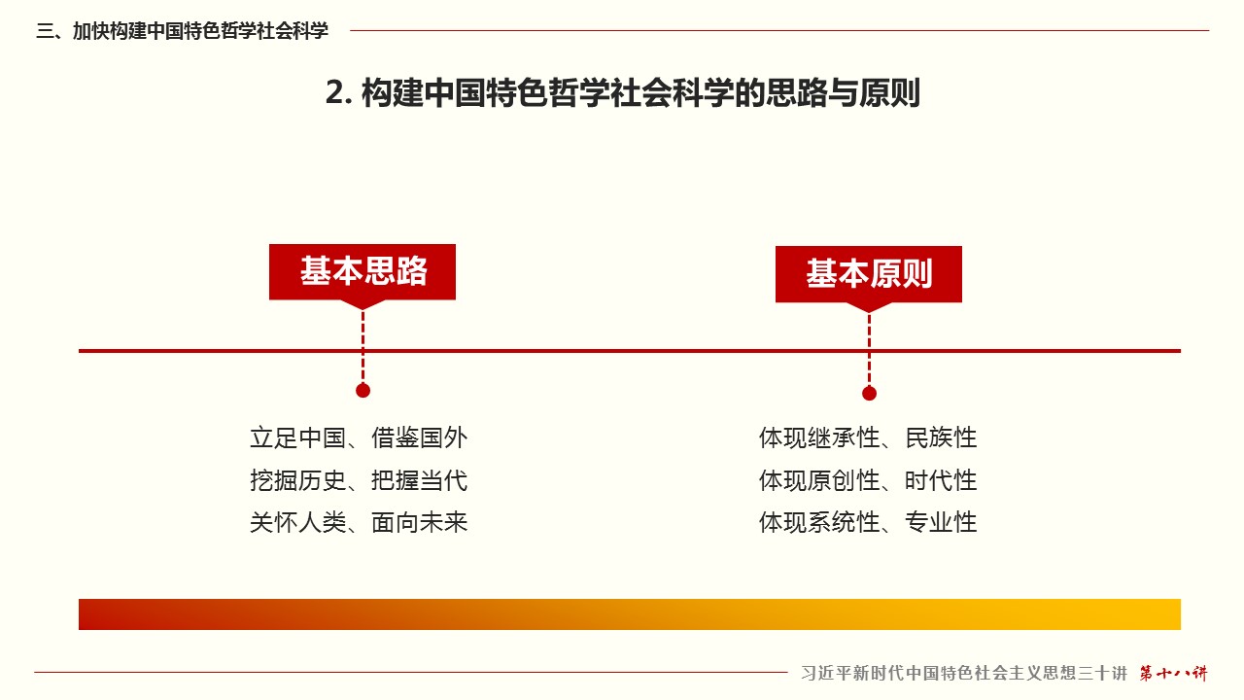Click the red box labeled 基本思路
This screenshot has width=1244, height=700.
click(x=363, y=272)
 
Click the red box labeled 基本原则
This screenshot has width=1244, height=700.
click(x=869, y=274)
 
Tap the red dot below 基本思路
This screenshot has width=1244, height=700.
click(x=363, y=391)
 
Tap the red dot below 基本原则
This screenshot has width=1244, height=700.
click(x=869, y=394)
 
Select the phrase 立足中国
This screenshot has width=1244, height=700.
click(x=297, y=437)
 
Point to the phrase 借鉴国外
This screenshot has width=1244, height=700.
click(x=419, y=437)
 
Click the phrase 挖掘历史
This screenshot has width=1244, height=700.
click(x=297, y=480)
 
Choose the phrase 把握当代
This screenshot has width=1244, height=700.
click(x=419, y=480)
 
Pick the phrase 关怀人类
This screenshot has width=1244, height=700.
click(x=297, y=522)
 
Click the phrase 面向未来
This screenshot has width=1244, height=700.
click(x=419, y=522)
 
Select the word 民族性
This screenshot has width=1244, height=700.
click(x=941, y=437)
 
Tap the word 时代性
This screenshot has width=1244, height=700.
click(x=941, y=480)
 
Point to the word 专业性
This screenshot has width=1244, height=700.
click(x=941, y=522)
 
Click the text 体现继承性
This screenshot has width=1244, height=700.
click(x=819, y=437)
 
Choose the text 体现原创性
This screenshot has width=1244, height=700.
click(x=819, y=480)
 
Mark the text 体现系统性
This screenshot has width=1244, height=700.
click(x=819, y=522)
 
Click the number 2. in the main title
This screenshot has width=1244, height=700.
click(x=339, y=92)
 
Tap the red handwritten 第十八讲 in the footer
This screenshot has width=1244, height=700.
click(x=1173, y=674)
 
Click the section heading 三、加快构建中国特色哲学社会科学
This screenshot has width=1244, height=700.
click(x=182, y=30)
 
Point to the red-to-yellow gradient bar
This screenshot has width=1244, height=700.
click(x=630, y=613)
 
